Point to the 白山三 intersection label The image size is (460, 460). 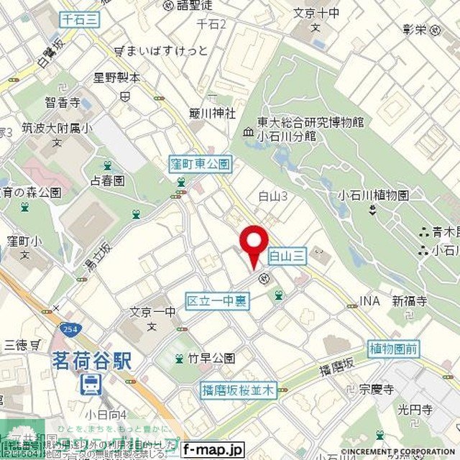pyautogui.click(x=287, y=254)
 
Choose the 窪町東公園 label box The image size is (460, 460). pyautogui.click(x=201, y=165)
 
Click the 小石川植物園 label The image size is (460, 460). pyautogui.click(x=374, y=195)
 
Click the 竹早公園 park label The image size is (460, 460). pyautogui.click(x=211, y=358)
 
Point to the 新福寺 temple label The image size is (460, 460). pyautogui.click(x=408, y=301)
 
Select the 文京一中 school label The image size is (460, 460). pyautogui.click(x=152, y=312)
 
